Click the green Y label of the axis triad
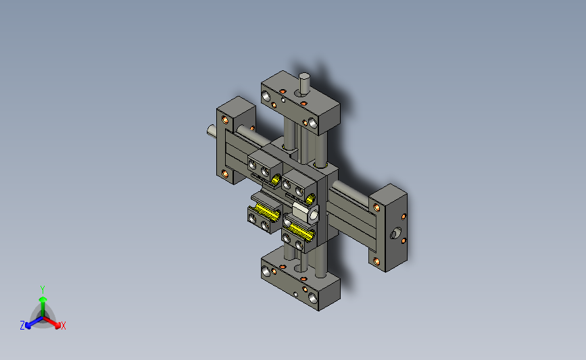click(x=42, y=290)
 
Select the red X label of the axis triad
click(x=63, y=326)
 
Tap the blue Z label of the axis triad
click(x=22, y=326)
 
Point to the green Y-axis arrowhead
click(x=43, y=299)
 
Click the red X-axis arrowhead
click(x=57, y=326)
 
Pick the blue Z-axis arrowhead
click(x=28, y=326)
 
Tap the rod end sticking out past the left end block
click(x=212, y=131)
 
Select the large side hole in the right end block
click(x=395, y=234)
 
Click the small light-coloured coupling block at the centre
click(x=306, y=212)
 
